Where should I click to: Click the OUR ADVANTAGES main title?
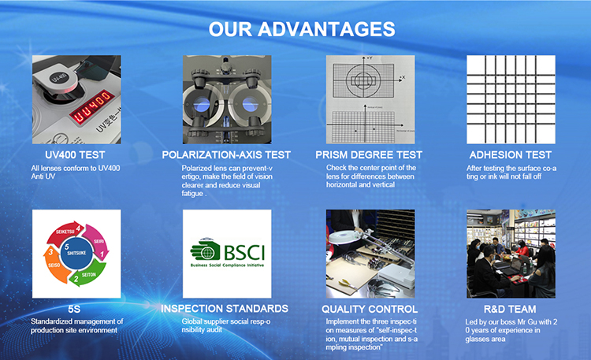[x=302, y=29]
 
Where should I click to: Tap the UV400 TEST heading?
[x=75, y=155]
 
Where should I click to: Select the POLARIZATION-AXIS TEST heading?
[x=226, y=155]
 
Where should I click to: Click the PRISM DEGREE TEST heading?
[x=369, y=155]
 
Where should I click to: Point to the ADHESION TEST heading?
[x=511, y=155]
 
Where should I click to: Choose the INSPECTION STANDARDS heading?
[x=225, y=309]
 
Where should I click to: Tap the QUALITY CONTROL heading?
[x=370, y=309]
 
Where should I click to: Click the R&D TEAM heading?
[x=510, y=309]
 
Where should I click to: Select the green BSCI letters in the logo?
[x=244, y=253]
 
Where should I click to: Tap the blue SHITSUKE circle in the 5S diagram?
[x=76, y=253]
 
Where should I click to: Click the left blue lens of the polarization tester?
[x=201, y=105]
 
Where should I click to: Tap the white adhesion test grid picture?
[x=511, y=99]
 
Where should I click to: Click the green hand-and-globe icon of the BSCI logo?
[x=205, y=250]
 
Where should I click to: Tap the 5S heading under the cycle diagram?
[x=74, y=309]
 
